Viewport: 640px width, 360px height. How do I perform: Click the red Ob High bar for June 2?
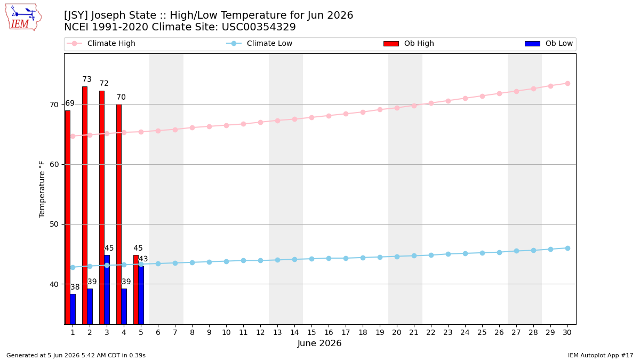click(x=85, y=205)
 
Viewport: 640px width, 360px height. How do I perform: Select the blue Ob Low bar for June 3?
click(x=107, y=290)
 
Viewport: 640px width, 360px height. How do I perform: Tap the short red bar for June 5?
click(x=135, y=290)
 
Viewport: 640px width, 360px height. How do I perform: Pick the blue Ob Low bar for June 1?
click(x=73, y=309)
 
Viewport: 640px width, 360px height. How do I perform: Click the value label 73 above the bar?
click(x=87, y=79)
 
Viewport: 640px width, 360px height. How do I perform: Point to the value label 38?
click(x=75, y=287)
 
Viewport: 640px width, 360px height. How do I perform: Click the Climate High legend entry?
click(x=101, y=43)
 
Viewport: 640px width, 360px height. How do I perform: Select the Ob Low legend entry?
click(x=549, y=43)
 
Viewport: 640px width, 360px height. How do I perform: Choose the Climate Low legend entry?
click(x=259, y=43)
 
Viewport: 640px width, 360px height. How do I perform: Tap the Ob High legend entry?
click(x=409, y=43)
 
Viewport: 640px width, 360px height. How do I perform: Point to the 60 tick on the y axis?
click(x=54, y=165)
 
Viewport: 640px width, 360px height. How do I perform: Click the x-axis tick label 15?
click(x=311, y=333)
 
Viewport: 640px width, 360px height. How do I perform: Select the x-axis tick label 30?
click(x=567, y=333)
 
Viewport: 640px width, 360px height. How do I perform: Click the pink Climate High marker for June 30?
click(x=567, y=83)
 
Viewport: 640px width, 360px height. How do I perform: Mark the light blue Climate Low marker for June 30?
click(x=567, y=249)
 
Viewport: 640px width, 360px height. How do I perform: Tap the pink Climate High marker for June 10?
click(x=226, y=125)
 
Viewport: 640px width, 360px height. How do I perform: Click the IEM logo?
click(x=23, y=18)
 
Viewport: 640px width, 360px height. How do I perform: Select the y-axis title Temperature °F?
click(x=42, y=190)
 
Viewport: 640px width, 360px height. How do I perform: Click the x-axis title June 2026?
click(x=319, y=343)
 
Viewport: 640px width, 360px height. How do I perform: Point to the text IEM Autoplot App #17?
click(x=601, y=355)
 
